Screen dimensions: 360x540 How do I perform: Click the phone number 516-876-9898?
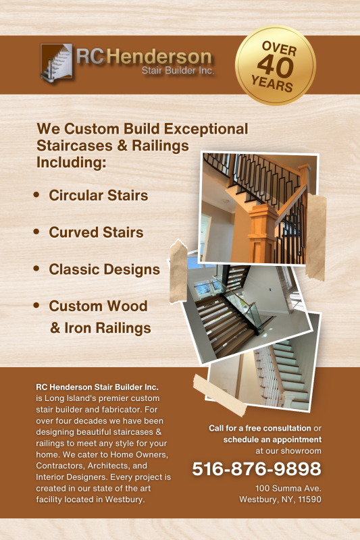[256, 468]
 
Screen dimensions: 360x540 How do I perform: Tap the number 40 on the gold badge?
[276, 66]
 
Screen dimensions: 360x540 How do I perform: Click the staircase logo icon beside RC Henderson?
[57, 62]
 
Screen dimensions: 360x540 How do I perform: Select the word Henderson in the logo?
[159, 57]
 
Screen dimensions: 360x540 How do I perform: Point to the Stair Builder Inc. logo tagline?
[178, 71]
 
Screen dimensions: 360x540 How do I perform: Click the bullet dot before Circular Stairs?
[36, 195]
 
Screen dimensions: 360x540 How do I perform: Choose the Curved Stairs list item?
[96, 232]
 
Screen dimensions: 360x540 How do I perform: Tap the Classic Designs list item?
[105, 269]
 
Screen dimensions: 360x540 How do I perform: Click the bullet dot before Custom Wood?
[36, 305]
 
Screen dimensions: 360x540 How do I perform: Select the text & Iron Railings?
[101, 328]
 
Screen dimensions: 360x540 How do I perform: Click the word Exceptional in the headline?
[206, 129]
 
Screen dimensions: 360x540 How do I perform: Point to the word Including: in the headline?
[72, 162]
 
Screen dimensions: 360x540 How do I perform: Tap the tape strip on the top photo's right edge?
[315, 238]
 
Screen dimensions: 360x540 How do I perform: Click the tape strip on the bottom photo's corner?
[220, 396]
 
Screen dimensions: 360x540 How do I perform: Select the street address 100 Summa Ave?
[288, 488]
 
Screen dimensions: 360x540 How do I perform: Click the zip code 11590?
[310, 500]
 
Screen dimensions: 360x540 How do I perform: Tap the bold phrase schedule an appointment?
[272, 439]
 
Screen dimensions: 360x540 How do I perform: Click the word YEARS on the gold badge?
[272, 83]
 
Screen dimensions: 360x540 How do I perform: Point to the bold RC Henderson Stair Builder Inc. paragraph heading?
[97, 387]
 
